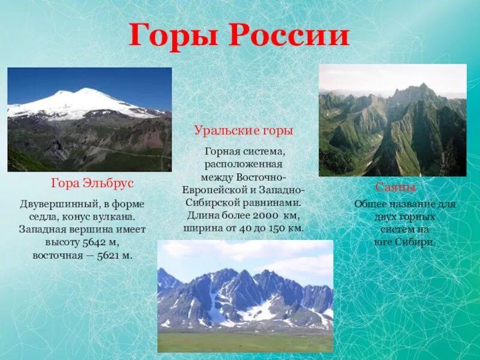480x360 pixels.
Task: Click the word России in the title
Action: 288,36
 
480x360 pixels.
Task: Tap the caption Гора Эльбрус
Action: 92,182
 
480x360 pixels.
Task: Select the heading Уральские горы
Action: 244,130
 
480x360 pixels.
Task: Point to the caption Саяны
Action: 395,187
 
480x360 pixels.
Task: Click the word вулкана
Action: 122,217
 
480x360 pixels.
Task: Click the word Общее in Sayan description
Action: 371,204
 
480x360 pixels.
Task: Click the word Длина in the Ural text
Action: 202,215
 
